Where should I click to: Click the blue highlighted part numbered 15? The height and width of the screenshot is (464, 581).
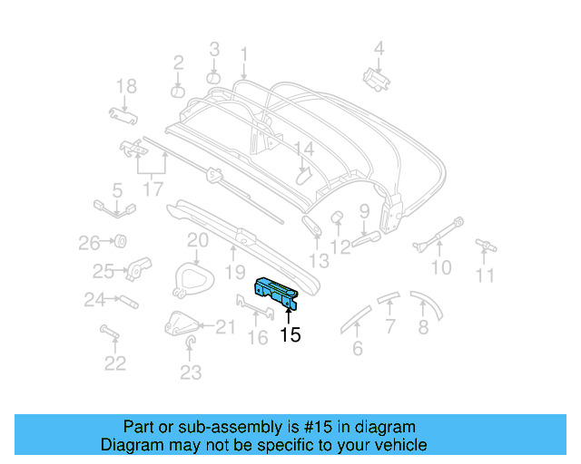(278, 291)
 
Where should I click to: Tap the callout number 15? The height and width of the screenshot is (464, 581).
(290, 335)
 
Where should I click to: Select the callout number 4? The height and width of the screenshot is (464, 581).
(379, 49)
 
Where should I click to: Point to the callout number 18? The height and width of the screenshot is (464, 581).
(126, 87)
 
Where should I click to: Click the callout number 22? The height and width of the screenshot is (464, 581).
(114, 363)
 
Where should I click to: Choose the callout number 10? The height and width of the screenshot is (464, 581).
(440, 267)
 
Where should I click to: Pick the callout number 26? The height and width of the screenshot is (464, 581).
(88, 242)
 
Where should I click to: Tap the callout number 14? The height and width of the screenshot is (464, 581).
(303, 149)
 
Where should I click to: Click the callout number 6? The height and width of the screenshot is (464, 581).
(357, 348)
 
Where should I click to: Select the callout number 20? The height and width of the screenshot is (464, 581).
(198, 240)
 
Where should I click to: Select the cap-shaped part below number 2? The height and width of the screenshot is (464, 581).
(178, 91)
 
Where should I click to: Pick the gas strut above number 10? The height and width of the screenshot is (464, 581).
(438, 234)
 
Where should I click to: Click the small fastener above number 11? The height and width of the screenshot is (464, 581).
(487, 243)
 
